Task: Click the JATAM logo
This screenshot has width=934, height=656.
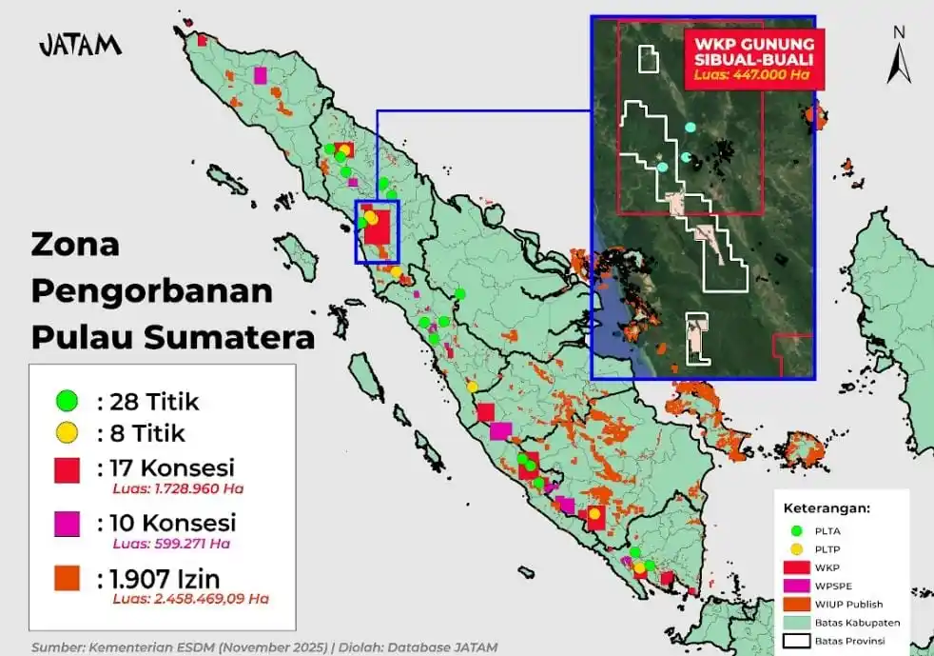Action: point(80,45)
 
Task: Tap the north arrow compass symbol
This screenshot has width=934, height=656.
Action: point(898,55)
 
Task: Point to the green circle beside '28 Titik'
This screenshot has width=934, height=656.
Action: point(66,401)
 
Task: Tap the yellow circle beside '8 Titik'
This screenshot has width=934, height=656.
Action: point(66,433)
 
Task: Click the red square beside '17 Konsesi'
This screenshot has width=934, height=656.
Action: point(66,468)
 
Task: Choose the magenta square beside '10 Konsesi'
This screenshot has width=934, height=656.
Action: point(66,523)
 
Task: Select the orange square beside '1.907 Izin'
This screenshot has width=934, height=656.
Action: point(66,577)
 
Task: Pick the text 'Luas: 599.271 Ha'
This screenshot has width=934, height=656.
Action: point(171,544)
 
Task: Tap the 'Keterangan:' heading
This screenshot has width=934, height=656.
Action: point(827,507)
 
